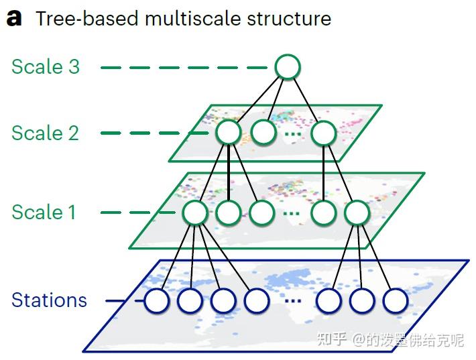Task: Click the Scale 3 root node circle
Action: tap(288, 67)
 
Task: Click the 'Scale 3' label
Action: tap(45, 66)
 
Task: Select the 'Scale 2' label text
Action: tap(45, 133)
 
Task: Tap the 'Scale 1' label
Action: tap(44, 212)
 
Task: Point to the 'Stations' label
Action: tap(49, 300)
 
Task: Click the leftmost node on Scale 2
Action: tap(228, 132)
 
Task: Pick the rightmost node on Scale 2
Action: tap(324, 132)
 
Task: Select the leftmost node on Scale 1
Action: tap(196, 213)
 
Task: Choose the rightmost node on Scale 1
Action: tap(357, 213)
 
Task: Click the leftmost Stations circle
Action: tap(156, 300)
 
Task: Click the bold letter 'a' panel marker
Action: tap(14, 18)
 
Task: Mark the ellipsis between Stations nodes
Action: tap(293, 301)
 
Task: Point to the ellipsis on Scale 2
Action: tap(293, 133)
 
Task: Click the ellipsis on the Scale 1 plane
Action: tap(292, 214)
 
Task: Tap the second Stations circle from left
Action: tap(190, 300)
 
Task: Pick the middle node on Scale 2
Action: tap(263, 132)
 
